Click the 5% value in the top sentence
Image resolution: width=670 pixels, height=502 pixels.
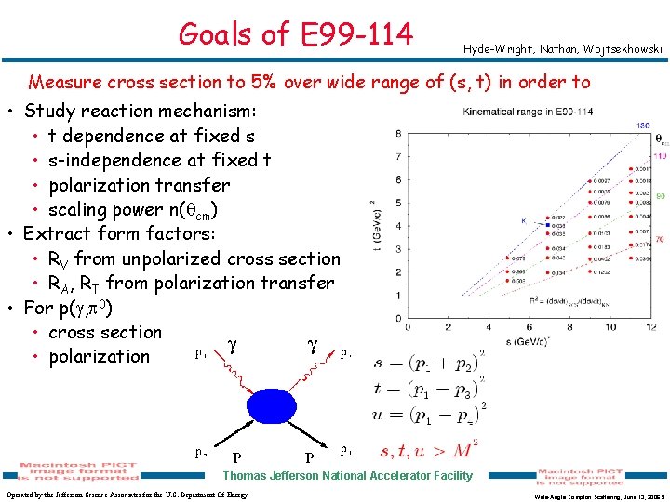258,83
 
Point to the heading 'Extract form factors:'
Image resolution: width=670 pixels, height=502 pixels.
120,233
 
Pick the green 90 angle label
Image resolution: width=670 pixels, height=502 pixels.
660,197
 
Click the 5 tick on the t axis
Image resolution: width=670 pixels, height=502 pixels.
398,203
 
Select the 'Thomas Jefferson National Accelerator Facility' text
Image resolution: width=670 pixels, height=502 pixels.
348,476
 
